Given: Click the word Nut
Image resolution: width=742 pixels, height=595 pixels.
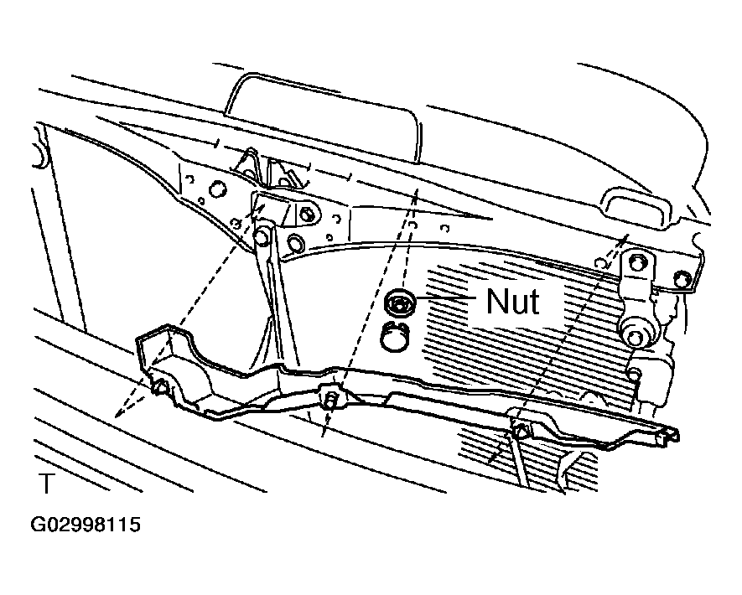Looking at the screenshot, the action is tap(512, 301).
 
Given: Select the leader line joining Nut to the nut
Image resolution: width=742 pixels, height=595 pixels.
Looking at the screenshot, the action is tap(445, 297).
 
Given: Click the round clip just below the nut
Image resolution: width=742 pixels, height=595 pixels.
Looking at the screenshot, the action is tap(395, 336).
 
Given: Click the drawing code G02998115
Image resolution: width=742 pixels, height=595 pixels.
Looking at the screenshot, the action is tap(86, 525).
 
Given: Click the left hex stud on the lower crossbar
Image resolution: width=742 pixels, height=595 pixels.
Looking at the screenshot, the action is tap(161, 386).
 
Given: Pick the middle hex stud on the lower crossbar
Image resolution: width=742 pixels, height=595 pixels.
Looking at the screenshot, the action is tap(329, 399).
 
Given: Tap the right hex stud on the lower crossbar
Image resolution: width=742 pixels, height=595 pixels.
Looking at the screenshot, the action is tap(521, 431).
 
